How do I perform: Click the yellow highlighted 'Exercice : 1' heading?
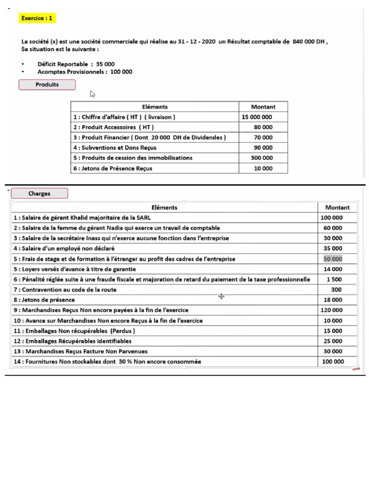[37, 18]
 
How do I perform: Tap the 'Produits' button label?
[47, 85]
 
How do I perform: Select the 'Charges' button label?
[39, 194]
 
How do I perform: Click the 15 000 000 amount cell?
[257, 117]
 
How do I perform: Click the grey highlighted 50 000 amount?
[333, 259]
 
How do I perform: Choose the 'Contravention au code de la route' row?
[65, 290]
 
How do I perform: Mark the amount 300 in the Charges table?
[336, 290]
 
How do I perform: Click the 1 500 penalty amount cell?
[334, 280]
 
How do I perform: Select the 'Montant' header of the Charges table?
[337, 208]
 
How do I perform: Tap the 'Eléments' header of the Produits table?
[155, 107]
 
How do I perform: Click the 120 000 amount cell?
[332, 310]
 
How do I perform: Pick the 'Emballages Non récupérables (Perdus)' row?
[74, 331]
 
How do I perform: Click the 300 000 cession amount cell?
[262, 158]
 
